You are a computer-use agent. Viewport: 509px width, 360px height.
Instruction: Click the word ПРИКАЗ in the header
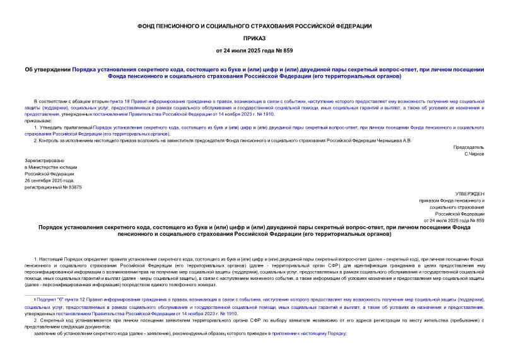point(254,38)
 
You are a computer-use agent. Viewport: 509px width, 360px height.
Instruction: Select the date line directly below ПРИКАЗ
point(254,50)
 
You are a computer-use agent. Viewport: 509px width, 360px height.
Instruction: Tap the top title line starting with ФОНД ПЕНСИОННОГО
point(254,26)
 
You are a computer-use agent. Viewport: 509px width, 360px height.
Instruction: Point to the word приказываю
point(47,120)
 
